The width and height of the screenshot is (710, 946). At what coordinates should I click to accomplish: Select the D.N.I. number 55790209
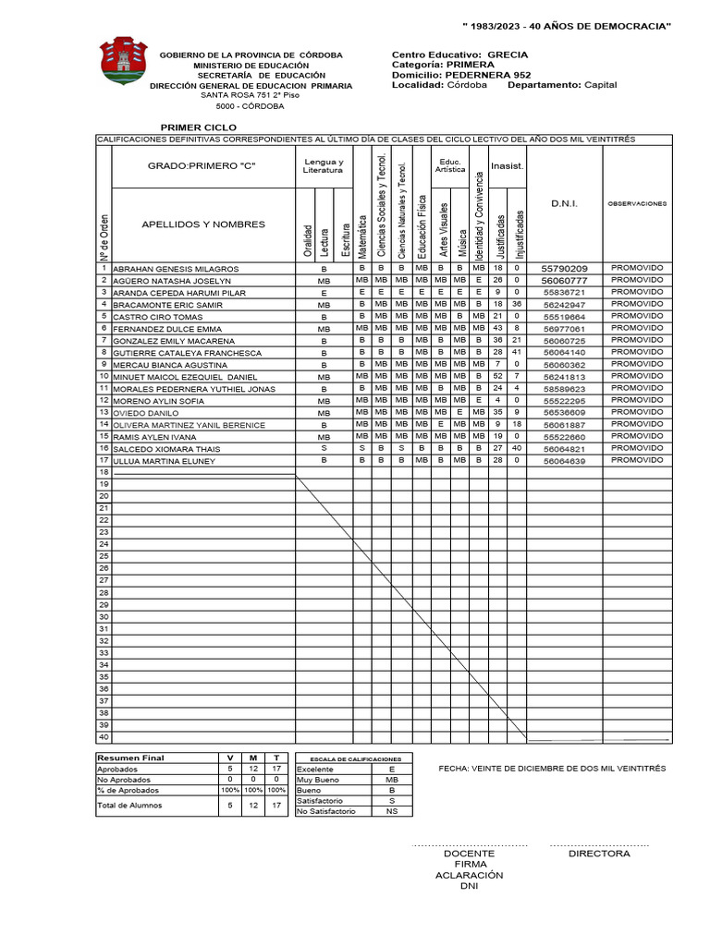(x=564, y=268)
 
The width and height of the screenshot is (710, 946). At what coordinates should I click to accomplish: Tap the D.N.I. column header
(x=564, y=204)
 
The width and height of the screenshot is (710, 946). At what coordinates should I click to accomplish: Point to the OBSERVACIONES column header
(x=636, y=204)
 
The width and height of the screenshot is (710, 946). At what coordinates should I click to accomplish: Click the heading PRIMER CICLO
(x=199, y=127)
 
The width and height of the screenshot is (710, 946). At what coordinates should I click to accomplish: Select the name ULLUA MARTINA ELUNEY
(x=164, y=460)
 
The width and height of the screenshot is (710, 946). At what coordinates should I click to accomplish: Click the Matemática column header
(x=362, y=236)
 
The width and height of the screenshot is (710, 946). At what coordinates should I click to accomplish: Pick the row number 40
(x=104, y=737)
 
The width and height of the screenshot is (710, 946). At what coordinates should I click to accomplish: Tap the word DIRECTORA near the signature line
(x=599, y=854)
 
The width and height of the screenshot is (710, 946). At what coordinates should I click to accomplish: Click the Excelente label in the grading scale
(x=315, y=769)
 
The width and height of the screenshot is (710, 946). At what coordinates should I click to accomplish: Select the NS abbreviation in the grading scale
(x=392, y=811)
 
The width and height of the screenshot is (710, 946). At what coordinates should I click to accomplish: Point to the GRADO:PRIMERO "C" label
(x=201, y=165)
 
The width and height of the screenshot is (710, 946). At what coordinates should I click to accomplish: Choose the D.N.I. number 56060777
(x=564, y=280)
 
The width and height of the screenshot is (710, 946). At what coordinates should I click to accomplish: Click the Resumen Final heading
(x=131, y=758)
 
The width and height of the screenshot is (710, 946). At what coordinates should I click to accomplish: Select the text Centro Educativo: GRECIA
(x=460, y=55)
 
